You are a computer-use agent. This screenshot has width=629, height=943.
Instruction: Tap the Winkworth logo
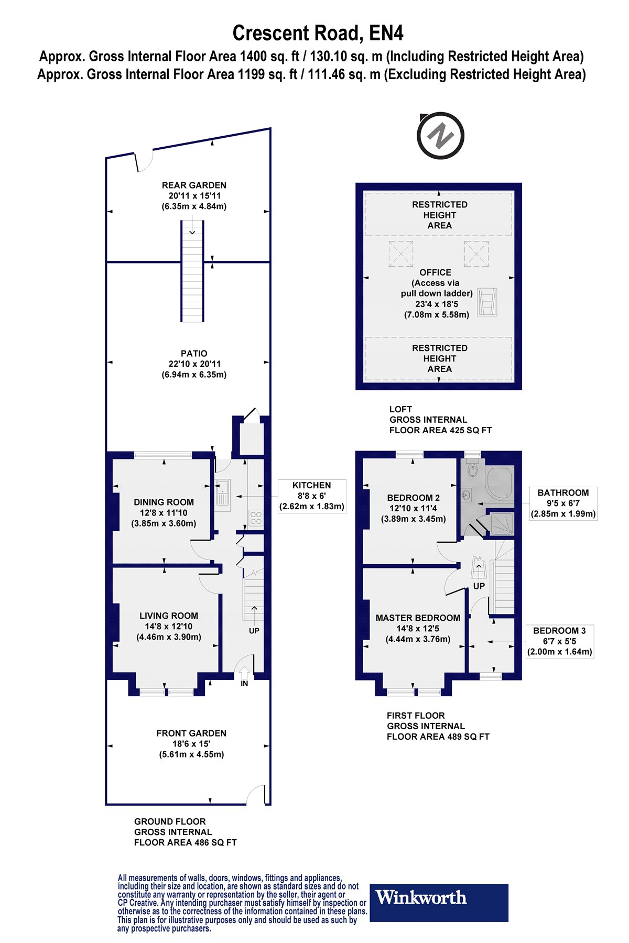(439, 903)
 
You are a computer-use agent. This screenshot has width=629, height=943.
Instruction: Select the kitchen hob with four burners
(256, 518)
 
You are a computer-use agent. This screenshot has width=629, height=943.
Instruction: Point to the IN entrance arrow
(244, 673)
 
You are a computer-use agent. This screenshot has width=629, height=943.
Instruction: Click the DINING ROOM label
(164, 502)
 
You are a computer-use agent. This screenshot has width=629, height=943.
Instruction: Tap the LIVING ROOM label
(169, 616)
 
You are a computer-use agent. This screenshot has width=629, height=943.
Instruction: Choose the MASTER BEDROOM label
(418, 618)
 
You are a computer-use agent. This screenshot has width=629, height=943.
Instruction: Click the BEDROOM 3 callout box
(560, 641)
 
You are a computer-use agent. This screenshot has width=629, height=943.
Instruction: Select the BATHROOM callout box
(563, 503)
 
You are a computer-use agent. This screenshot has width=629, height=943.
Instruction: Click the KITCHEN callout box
(312, 496)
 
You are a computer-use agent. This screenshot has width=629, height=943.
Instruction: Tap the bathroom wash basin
(466, 494)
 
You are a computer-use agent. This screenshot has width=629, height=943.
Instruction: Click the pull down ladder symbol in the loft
(487, 302)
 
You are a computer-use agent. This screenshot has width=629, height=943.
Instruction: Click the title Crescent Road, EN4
(318, 33)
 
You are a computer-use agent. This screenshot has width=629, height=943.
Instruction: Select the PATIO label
(194, 354)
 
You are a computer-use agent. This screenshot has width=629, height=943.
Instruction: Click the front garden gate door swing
(257, 795)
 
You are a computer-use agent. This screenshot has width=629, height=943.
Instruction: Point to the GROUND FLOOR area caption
(186, 832)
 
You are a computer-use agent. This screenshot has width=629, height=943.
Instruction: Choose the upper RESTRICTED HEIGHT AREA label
(439, 215)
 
